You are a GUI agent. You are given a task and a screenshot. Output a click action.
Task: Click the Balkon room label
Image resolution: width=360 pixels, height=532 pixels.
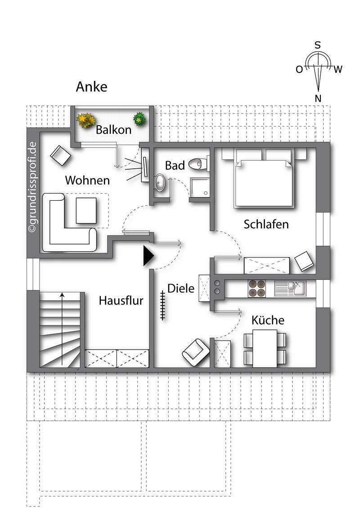click(113, 130)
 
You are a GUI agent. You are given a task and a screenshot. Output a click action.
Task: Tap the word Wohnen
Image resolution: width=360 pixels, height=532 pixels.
click(87, 180)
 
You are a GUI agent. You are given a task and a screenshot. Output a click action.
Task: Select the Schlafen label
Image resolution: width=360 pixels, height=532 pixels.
click(266, 224)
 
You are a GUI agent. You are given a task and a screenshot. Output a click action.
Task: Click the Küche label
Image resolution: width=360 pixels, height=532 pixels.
click(268, 320)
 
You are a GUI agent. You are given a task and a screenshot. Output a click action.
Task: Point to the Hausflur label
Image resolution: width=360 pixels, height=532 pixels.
click(121, 300)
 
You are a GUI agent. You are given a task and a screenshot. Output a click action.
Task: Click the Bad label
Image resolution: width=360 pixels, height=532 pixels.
click(175, 166)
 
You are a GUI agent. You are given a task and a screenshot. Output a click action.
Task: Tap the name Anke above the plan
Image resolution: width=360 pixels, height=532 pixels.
click(91, 86)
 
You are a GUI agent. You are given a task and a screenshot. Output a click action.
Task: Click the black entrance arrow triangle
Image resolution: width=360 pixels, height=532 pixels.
click(148, 256)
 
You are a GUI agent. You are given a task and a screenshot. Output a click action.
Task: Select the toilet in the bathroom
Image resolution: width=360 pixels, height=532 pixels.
click(198, 164)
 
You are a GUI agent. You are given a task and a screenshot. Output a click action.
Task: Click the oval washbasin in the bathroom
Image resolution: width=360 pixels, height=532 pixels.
click(160, 183)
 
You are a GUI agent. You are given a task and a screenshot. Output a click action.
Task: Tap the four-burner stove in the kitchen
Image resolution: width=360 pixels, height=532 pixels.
click(257, 289)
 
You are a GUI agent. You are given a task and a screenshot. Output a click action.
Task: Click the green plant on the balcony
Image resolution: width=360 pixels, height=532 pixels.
click(140, 119)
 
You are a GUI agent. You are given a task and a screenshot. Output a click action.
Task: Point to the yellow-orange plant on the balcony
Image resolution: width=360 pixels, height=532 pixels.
click(86, 120)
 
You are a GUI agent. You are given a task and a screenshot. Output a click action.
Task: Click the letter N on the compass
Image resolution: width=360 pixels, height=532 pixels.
click(318, 99)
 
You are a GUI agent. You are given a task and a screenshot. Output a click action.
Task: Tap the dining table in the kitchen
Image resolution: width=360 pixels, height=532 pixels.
click(265, 348)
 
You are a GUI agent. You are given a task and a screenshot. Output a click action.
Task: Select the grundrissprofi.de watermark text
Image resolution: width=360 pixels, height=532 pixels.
click(33, 187)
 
